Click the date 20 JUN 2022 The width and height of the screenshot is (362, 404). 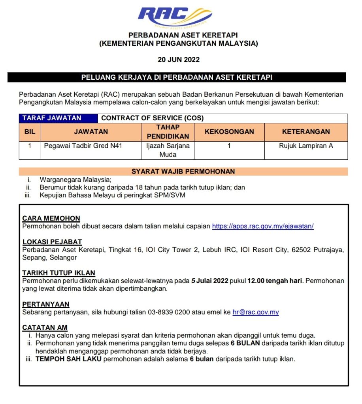pyautogui.click(x=179, y=60)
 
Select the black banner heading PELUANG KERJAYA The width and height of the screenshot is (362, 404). pyautogui.click(x=177, y=77)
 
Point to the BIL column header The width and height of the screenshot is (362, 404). pyautogui.click(x=30, y=132)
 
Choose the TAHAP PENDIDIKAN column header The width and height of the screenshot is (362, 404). pyautogui.click(x=168, y=132)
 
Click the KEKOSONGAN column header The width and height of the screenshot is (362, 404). pyautogui.click(x=229, y=132)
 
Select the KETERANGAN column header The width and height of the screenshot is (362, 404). pyautogui.click(x=306, y=132)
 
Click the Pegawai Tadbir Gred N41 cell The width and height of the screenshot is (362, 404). pyautogui.click(x=83, y=146)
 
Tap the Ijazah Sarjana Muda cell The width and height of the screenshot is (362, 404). pyautogui.click(x=168, y=150)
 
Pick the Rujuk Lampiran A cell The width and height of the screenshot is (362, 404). pyautogui.click(x=306, y=146)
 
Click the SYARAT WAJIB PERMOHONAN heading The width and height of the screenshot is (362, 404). pyautogui.click(x=183, y=171)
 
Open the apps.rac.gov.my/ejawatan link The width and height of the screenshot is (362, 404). pyautogui.click(x=263, y=226)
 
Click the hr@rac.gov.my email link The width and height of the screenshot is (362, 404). pyautogui.click(x=256, y=312)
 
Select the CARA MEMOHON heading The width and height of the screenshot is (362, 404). pyautogui.click(x=51, y=218)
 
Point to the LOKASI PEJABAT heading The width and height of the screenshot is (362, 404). pyautogui.click(x=52, y=242)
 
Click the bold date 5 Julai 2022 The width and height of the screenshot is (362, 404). pyautogui.click(x=210, y=281)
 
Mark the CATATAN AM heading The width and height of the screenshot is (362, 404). pyautogui.click(x=45, y=327)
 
